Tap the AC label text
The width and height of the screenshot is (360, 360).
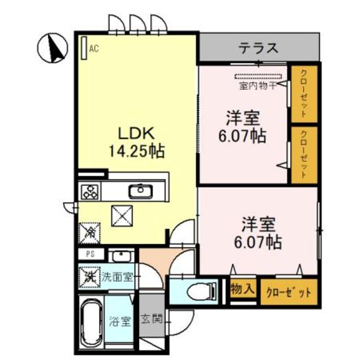coord(94,49)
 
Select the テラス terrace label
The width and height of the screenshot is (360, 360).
coord(258,48)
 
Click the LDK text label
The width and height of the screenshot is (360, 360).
coord(135,134)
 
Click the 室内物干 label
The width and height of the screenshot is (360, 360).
coord(257,86)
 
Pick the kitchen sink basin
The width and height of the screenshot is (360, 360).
coord(137,192)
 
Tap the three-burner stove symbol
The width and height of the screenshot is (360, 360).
coord(89,192)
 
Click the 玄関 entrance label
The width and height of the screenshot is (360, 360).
coord(151,321)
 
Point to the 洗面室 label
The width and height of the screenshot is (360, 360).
coord(118,277)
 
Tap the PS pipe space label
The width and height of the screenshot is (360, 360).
coord(90,254)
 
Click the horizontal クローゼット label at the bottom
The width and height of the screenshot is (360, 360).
coord(289,291)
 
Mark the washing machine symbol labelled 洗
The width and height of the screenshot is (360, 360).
coord(89,276)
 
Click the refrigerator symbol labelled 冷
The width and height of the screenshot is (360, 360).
coord(89,230)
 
